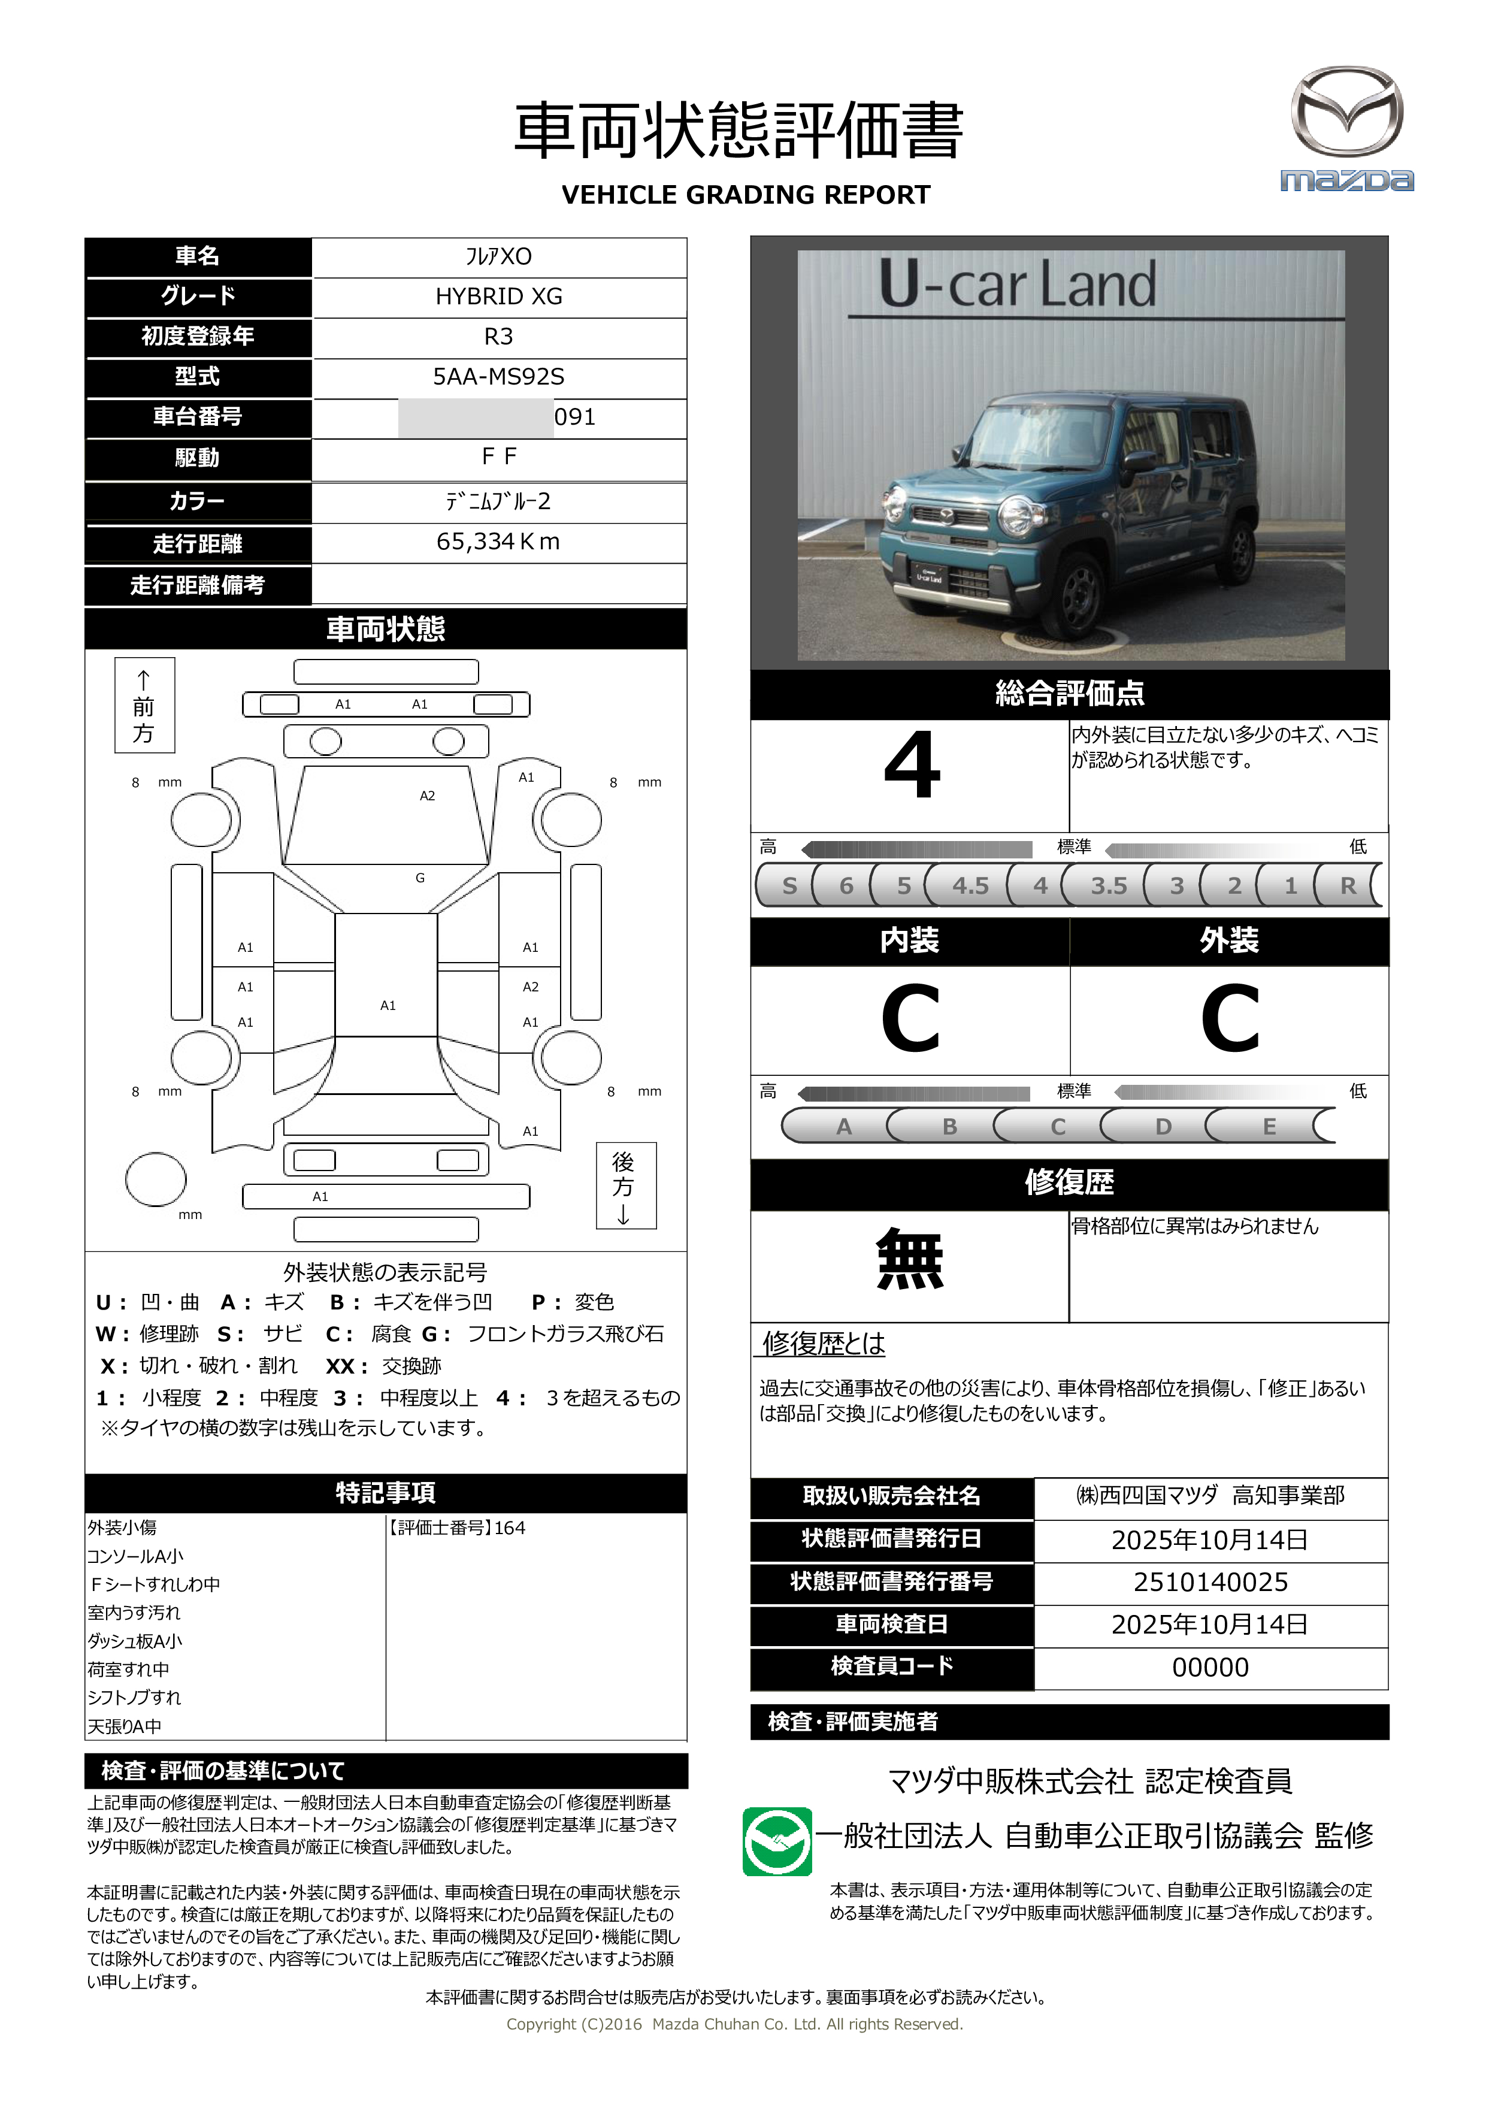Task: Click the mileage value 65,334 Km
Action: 498,542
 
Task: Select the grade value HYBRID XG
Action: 498,297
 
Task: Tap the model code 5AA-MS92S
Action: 498,376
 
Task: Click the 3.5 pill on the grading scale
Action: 1108,885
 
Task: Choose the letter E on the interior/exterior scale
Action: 1269,1126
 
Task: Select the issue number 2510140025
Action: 1210,1582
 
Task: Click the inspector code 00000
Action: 1210,1667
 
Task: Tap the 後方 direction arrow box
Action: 625,1185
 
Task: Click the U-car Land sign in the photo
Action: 1016,286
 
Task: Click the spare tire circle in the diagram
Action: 156,1179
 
